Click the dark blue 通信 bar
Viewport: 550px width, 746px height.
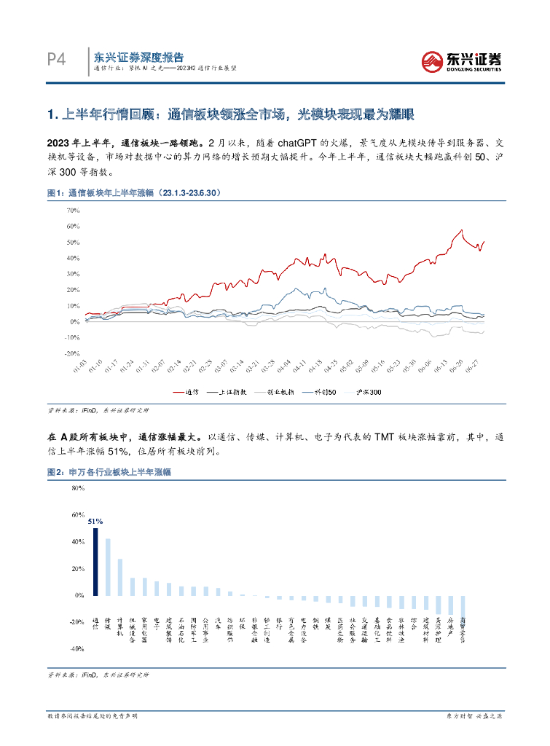(95, 562)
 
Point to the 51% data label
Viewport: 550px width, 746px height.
(95, 522)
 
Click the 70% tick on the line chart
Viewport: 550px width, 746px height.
(72, 211)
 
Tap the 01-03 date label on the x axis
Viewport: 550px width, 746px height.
(82, 366)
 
